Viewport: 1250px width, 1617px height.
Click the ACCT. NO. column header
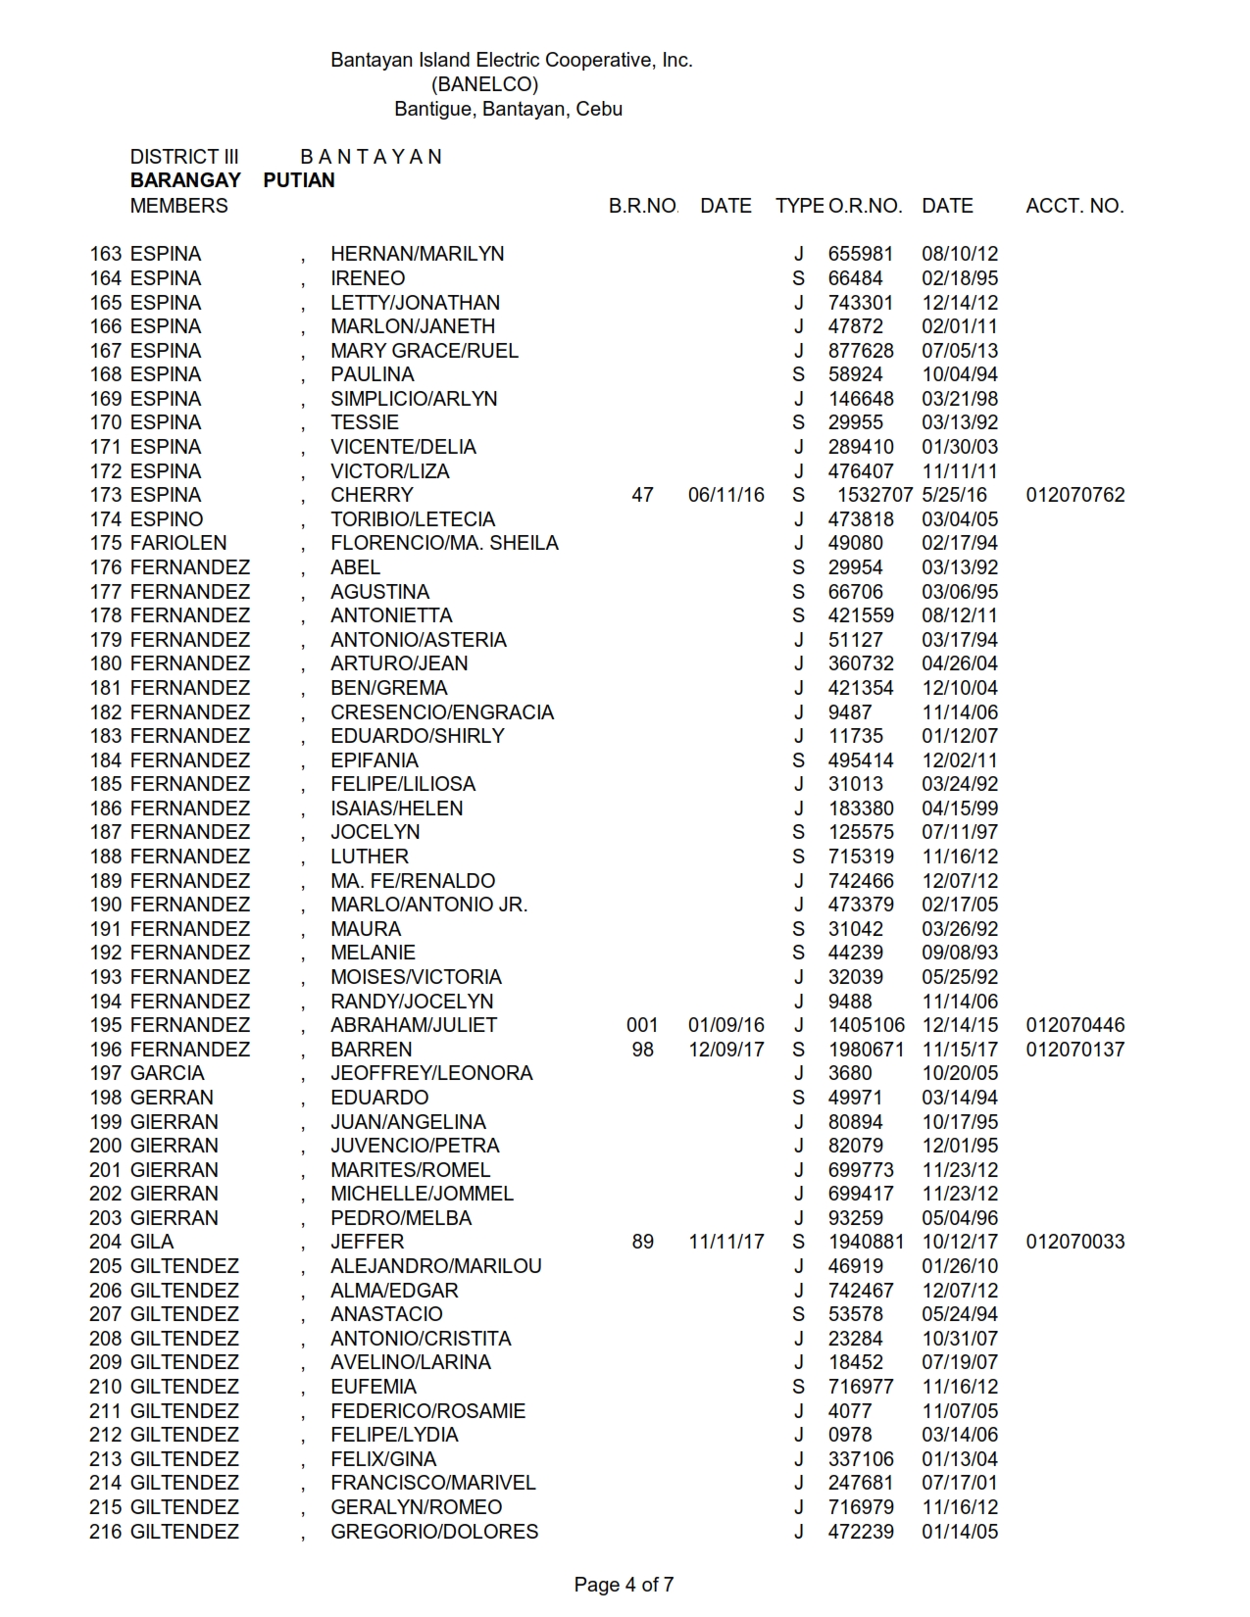[1075, 206]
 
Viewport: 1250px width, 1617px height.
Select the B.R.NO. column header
[642, 206]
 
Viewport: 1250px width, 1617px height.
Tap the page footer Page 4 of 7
[624, 1585]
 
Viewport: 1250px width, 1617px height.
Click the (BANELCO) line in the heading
[484, 84]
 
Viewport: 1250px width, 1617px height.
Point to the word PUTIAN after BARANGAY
[299, 180]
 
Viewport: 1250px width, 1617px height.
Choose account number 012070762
[1075, 495]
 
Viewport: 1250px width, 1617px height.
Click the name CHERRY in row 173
[372, 495]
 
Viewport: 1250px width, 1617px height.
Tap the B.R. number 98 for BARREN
[642, 1050]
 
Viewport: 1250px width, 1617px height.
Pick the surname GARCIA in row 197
[167, 1073]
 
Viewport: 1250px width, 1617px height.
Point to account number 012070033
[1075, 1242]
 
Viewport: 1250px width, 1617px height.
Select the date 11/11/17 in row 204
[725, 1242]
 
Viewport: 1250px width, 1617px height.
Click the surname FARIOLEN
[178, 543]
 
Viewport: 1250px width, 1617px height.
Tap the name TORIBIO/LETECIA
[413, 519]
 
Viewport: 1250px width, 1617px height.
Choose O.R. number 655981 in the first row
[861, 254]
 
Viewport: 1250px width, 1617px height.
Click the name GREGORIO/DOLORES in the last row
[434, 1532]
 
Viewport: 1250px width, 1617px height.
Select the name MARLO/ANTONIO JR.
[428, 905]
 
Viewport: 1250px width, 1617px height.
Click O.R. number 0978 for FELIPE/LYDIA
[849, 1435]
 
